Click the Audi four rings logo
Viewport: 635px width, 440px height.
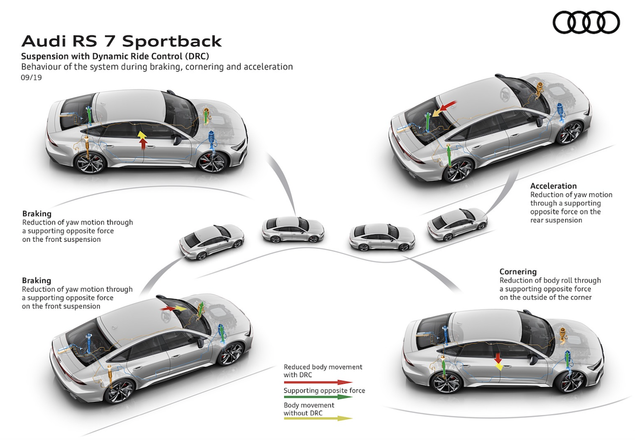(586, 22)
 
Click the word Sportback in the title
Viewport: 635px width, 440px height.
(172, 41)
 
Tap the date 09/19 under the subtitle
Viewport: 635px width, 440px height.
(31, 77)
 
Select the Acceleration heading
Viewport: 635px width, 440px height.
(553, 186)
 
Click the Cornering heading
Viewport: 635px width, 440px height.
(518, 272)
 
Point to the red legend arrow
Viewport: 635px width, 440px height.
(318, 382)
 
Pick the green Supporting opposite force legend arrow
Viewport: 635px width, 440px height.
(318, 397)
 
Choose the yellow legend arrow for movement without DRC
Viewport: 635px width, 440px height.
(318, 418)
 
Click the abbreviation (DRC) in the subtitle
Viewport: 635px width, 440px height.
(197, 56)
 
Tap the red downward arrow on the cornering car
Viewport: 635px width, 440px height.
(498, 358)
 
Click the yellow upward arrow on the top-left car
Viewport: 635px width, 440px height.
(142, 135)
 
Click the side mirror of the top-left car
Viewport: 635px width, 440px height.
(178, 140)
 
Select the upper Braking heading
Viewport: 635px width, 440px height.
(37, 213)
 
